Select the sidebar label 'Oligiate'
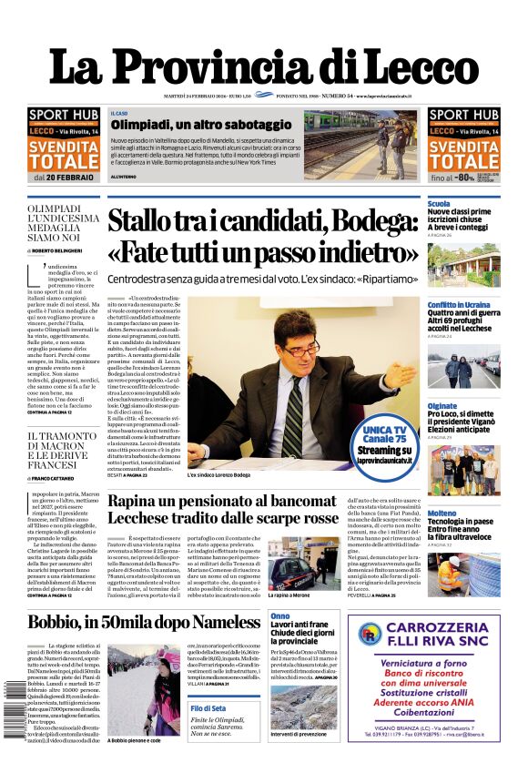(x=442, y=405)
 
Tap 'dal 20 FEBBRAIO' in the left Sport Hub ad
(x=63, y=178)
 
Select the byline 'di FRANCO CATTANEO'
(x=61, y=477)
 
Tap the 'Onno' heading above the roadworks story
(x=279, y=616)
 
